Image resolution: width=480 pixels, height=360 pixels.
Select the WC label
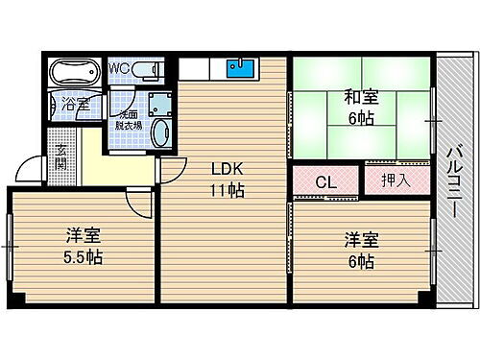[x=120, y=67]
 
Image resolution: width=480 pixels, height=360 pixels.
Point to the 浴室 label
[x=75, y=104]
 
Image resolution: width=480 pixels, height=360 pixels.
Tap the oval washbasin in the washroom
[x=160, y=132]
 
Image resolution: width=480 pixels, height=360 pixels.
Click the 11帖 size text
[x=228, y=190]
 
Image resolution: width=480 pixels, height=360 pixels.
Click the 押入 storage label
[x=393, y=180]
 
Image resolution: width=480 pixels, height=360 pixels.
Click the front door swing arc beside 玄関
[x=34, y=173]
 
